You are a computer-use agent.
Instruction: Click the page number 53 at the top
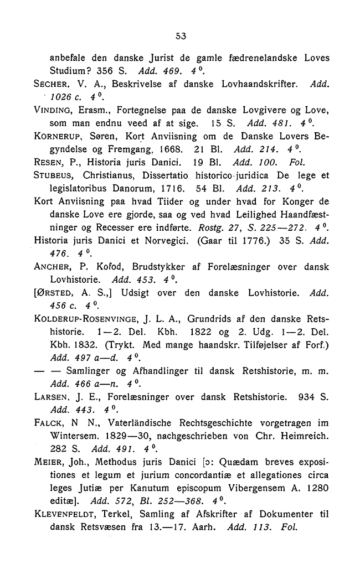tap(179, 37)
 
